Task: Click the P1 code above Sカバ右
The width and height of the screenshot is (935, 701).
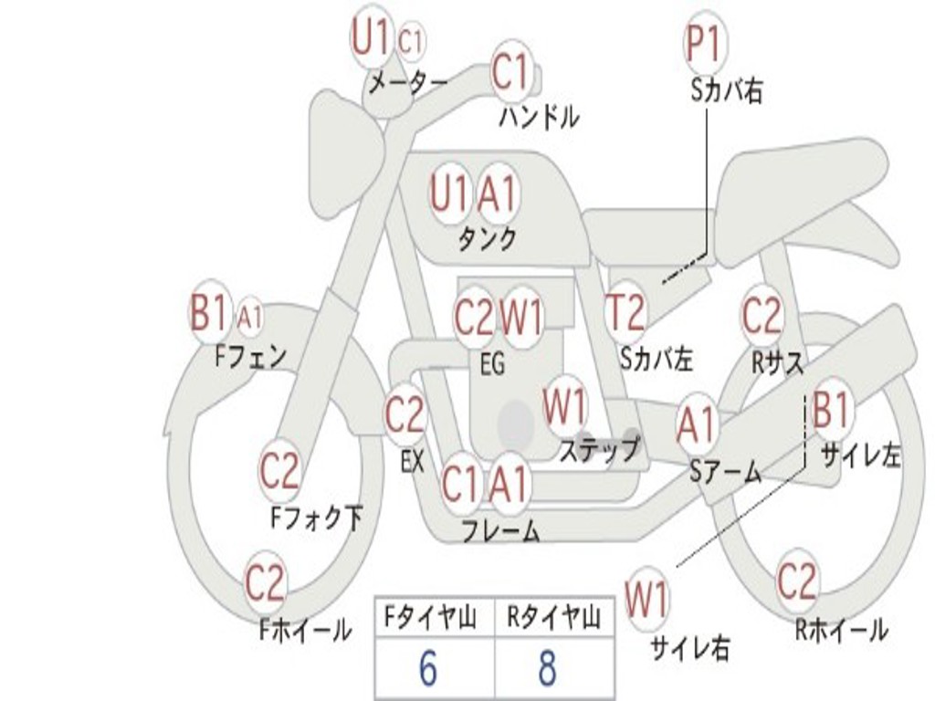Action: pos(706,45)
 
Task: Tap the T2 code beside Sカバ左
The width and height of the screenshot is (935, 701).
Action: pos(625,312)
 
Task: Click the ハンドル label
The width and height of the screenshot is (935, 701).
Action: pos(539,117)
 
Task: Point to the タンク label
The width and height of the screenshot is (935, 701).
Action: pos(488,239)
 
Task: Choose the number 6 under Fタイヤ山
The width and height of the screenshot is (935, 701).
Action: pos(428,668)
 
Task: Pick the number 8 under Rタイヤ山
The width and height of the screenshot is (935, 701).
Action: pos(548,668)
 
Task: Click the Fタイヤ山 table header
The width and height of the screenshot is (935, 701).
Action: pos(431,617)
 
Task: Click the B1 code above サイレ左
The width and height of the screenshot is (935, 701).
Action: pos(830,410)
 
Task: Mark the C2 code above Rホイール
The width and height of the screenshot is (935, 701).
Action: pos(797,581)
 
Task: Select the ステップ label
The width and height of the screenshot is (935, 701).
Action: pos(599,450)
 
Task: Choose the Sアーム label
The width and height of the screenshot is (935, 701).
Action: pos(726,472)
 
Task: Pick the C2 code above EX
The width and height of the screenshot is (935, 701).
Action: pos(405,413)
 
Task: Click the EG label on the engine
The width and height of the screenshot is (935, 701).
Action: pos(492,363)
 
